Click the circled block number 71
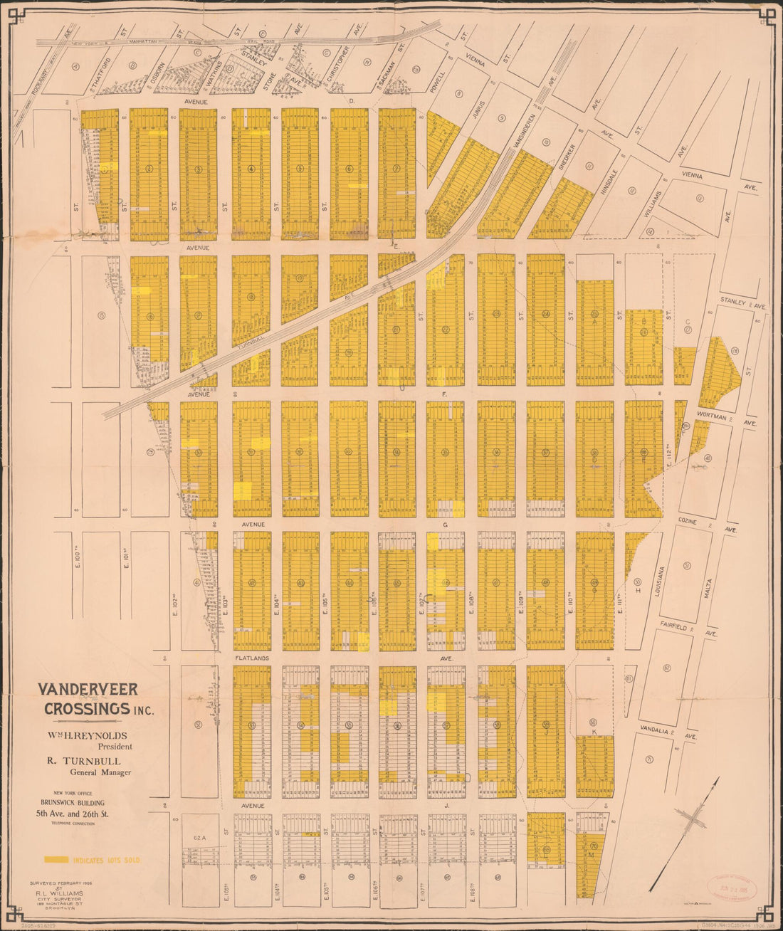(x=649, y=759)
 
